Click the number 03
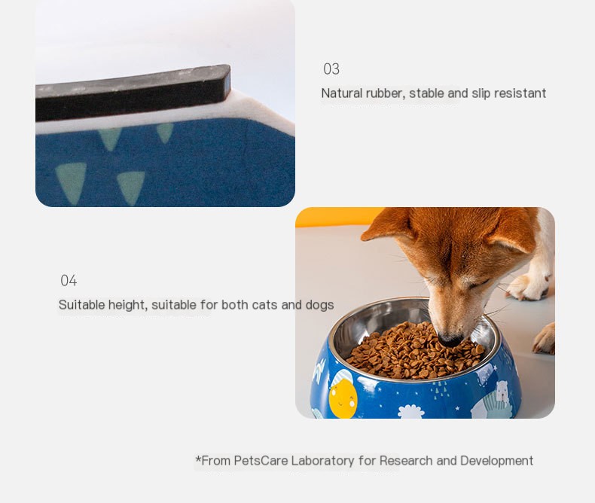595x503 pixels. (331, 69)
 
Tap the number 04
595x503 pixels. (69, 281)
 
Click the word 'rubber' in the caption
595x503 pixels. (384, 93)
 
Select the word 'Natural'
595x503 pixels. (342, 93)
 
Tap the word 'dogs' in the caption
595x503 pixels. (319, 305)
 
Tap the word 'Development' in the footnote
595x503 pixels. (496, 461)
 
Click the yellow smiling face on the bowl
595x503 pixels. (343, 398)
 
